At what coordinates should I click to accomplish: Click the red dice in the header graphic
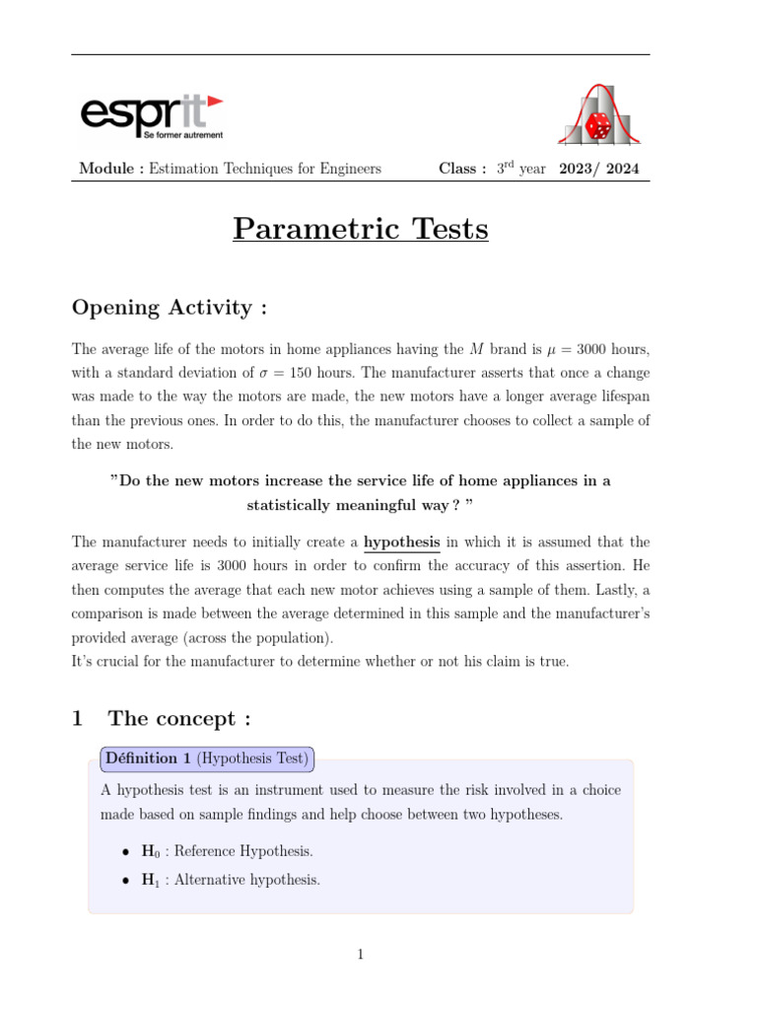click(598, 126)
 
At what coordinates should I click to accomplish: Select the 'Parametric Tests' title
click(361, 229)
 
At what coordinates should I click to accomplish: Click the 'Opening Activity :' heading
click(170, 308)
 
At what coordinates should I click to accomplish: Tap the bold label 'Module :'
click(111, 169)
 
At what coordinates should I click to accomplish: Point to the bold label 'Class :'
click(462, 169)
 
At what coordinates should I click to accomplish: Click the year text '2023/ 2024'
click(598, 169)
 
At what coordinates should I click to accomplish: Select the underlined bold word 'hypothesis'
click(402, 541)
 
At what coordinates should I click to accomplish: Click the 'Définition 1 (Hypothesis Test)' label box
click(207, 759)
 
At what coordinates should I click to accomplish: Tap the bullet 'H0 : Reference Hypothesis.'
click(228, 851)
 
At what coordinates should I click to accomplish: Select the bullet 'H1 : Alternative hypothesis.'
click(231, 880)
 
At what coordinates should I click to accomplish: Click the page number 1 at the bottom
click(361, 954)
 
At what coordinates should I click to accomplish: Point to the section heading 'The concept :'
click(178, 719)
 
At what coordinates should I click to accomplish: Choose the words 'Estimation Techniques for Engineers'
click(265, 169)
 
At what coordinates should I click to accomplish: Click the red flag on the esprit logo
click(215, 101)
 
